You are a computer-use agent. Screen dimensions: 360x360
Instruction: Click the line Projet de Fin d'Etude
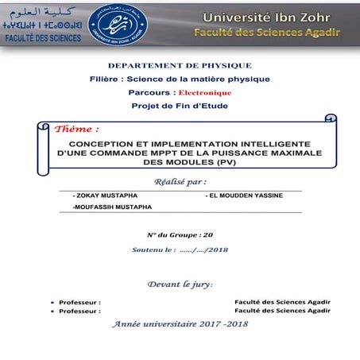pyautogui.click(x=180, y=106)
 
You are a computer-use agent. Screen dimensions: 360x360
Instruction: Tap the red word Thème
pyautogui.click(x=77, y=129)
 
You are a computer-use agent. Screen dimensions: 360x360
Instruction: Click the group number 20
pyautogui.click(x=208, y=235)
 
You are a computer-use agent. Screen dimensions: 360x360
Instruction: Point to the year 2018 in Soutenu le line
pyautogui.click(x=219, y=250)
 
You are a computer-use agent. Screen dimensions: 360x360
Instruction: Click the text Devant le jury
pyautogui.click(x=180, y=284)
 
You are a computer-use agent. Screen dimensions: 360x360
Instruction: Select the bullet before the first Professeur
pyautogui.click(x=52, y=303)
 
